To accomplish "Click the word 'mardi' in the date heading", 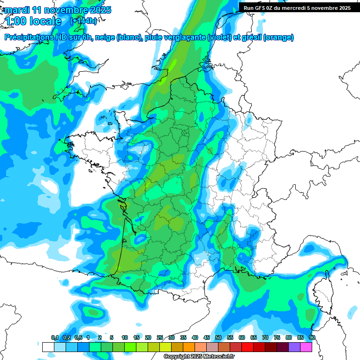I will (17, 9).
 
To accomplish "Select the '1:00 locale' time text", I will (34, 21).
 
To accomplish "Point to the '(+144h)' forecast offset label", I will (84, 21).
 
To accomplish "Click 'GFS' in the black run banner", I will (263, 8).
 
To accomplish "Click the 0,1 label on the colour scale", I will (55, 337).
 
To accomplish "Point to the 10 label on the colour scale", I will (125, 337).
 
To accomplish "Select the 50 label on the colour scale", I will (218, 337).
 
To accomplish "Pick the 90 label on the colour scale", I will (312, 337).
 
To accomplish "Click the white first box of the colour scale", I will (48, 347).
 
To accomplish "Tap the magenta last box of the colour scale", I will (307, 347).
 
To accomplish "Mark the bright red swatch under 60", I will (247, 347).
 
